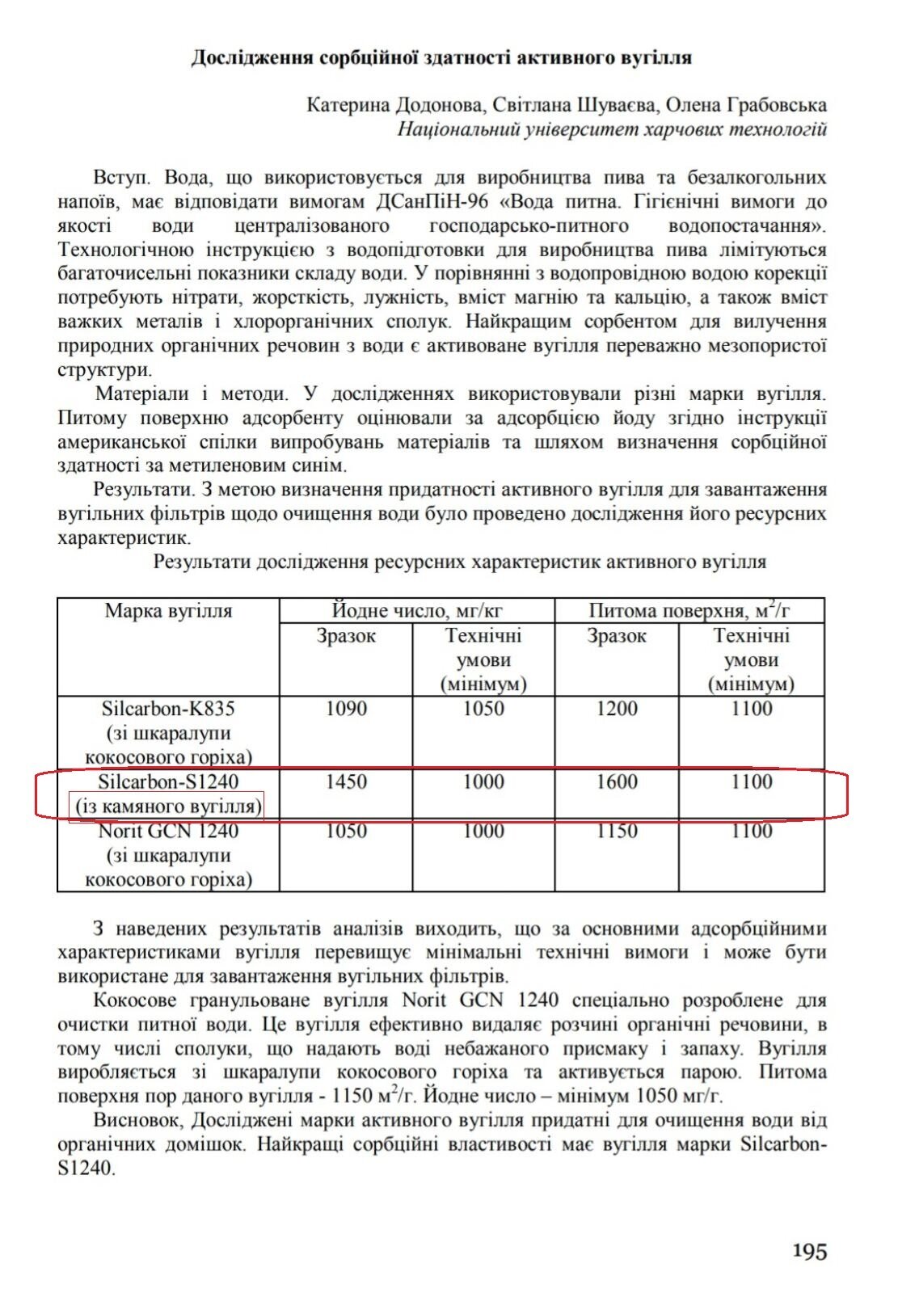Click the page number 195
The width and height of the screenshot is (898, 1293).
pyautogui.click(x=809, y=1251)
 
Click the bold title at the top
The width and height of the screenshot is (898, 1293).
pyautogui.click(x=441, y=58)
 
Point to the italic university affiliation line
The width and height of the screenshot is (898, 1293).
pyautogui.click(x=612, y=129)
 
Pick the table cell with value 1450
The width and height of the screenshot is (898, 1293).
pyautogui.click(x=346, y=781)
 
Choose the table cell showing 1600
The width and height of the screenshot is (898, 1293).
pyautogui.click(x=617, y=781)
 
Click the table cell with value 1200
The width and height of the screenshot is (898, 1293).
pyautogui.click(x=617, y=709)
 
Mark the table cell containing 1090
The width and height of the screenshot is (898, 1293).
pyautogui.click(x=346, y=709)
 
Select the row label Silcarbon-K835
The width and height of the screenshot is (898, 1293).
pyautogui.click(x=168, y=709)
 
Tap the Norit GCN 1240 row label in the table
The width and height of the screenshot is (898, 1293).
pyautogui.click(x=168, y=831)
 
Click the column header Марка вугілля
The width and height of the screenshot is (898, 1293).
pyautogui.click(x=168, y=611)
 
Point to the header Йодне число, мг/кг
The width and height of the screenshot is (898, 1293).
pyautogui.click(x=417, y=611)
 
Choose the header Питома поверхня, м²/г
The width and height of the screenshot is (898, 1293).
pyautogui.click(x=689, y=610)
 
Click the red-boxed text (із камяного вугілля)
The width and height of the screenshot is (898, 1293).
pyautogui.click(x=168, y=807)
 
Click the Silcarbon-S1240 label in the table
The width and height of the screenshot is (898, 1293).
pyautogui.click(x=168, y=781)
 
